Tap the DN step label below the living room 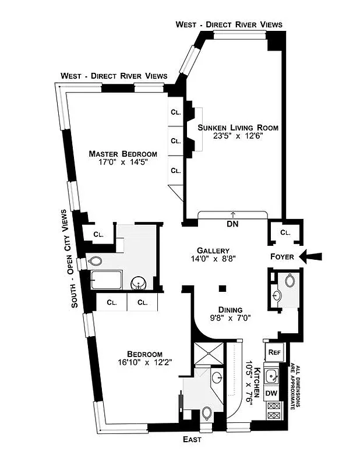pos(232,224)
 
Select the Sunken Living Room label pos(238,128)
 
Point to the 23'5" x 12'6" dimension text pos(238,137)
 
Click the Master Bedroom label pos(123,154)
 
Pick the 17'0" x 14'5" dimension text pos(123,163)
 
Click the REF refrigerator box pos(273,352)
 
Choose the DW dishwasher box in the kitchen pos(271,393)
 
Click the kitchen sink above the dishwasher pos(271,376)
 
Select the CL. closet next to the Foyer pos(284,232)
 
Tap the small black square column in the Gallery pos(223,288)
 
